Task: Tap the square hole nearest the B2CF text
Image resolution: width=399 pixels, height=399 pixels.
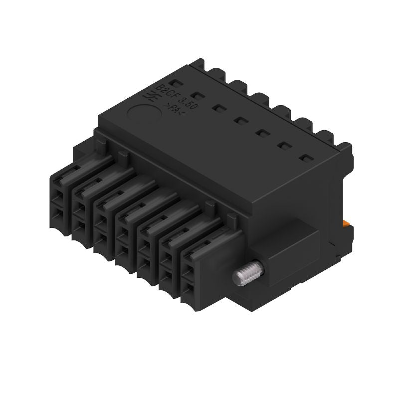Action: (173, 82)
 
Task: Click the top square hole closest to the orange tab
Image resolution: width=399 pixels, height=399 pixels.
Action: (305, 159)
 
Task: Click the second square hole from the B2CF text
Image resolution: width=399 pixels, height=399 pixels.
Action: (197, 95)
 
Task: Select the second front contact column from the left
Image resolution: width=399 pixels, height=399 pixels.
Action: (82, 214)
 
